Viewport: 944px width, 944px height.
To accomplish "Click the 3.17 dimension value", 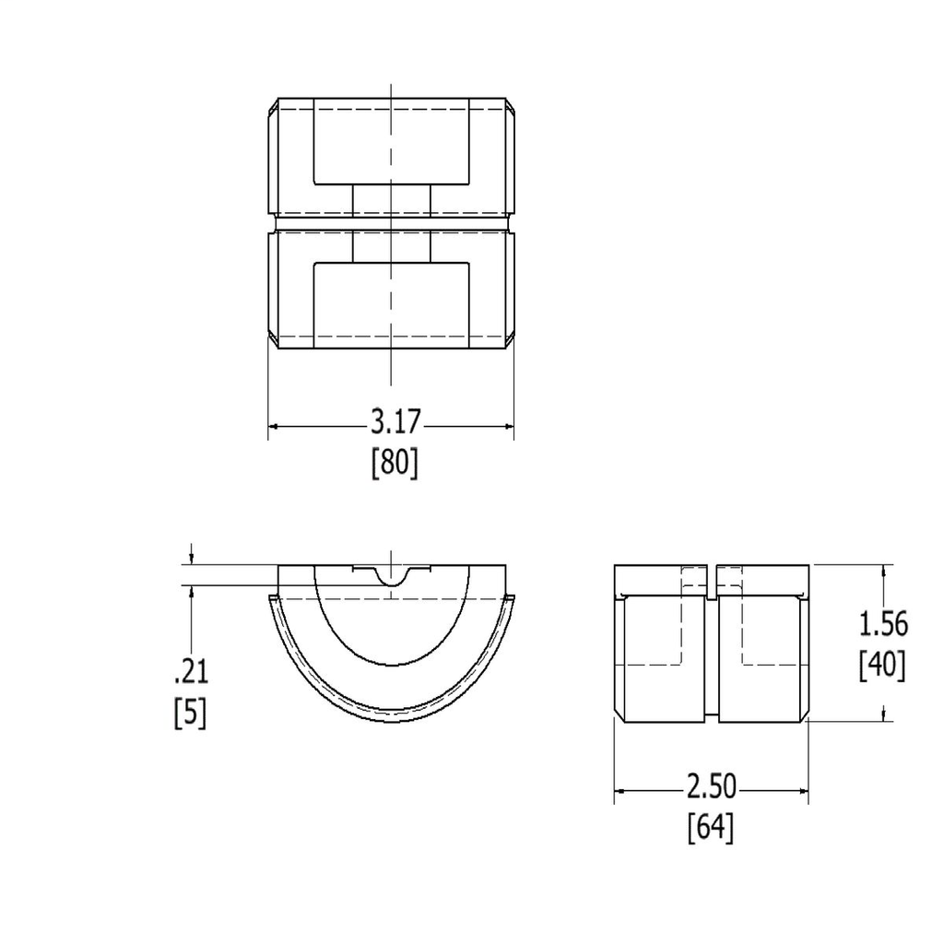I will coord(395,423).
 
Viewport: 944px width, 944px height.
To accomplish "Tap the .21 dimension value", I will coord(191,672).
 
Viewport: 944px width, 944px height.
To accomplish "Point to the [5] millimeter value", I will coord(191,712).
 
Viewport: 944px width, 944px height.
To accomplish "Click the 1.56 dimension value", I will coord(883,624).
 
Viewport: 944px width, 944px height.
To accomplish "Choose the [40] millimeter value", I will coord(882,664).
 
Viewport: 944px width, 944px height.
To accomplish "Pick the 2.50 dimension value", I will coord(711,787).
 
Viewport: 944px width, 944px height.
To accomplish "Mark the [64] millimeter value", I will coord(711,828).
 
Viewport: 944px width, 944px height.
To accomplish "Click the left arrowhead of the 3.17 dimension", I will coord(275,427).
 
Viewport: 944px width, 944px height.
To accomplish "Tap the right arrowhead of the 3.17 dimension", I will coord(507,427).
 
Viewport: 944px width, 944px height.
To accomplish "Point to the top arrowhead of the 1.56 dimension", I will coord(884,571).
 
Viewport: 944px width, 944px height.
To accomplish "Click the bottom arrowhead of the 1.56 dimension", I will coord(884,715).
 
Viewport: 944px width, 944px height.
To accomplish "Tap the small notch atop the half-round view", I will coord(392,578).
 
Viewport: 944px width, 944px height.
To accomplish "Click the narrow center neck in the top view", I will coord(393,222).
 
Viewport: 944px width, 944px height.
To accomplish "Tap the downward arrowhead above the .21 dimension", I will coord(191,559).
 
